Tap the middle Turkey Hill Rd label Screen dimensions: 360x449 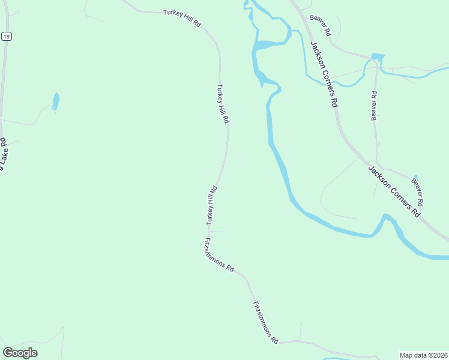[223, 104]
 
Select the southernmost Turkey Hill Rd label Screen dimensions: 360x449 [211, 205]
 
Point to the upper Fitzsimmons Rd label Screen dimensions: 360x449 [219, 256]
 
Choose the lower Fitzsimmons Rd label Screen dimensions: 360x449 [266, 322]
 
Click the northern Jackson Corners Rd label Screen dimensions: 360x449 [324, 74]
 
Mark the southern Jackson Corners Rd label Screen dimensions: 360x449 [394, 191]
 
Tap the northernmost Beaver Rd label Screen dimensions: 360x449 [321, 25]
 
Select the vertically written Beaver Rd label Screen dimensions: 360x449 [373, 106]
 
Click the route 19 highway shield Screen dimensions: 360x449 [6, 37]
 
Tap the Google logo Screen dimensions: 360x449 [20, 352]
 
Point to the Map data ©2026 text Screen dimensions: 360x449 [423, 355]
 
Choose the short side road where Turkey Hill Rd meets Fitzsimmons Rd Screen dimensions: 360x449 [217, 231]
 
